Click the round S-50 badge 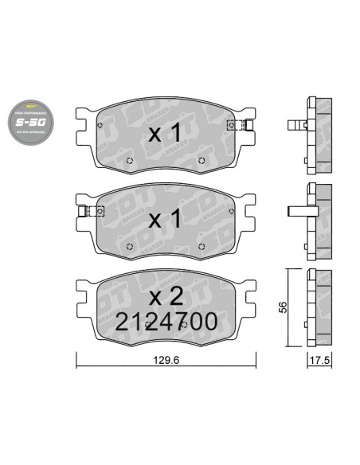(x=33, y=121)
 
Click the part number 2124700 (x=166, y=322)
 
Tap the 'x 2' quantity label (x=166, y=296)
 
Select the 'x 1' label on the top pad (x=165, y=134)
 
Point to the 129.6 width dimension (x=166, y=359)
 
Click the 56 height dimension (x=280, y=308)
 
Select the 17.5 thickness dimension (x=319, y=359)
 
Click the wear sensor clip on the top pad (x=240, y=124)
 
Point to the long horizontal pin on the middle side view (x=299, y=211)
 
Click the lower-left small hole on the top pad (x=131, y=164)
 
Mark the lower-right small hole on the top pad (x=199, y=164)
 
